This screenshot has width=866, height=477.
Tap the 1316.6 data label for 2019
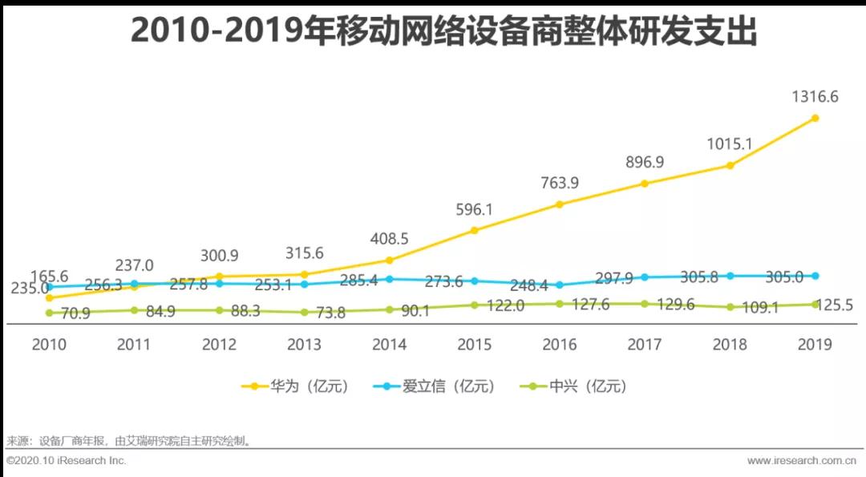click(815, 97)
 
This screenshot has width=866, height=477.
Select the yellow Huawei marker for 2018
click(730, 165)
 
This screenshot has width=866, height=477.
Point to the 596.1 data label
click(475, 210)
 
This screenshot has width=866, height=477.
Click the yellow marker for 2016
click(560, 204)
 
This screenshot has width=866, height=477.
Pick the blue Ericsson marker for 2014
click(390, 279)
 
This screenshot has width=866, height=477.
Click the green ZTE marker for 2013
click(304, 313)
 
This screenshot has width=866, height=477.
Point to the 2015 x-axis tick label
click(475, 345)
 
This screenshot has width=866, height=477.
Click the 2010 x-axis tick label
click(49, 345)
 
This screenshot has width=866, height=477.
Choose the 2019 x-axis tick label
click(815, 345)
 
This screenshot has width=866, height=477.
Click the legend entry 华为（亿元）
click(297, 386)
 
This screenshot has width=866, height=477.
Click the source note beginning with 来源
click(128, 440)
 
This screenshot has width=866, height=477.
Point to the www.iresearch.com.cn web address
click(800, 461)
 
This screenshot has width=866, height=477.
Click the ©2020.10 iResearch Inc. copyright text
click(66, 461)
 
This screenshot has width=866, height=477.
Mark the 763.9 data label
click(560, 183)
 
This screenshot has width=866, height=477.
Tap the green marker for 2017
click(645, 304)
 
